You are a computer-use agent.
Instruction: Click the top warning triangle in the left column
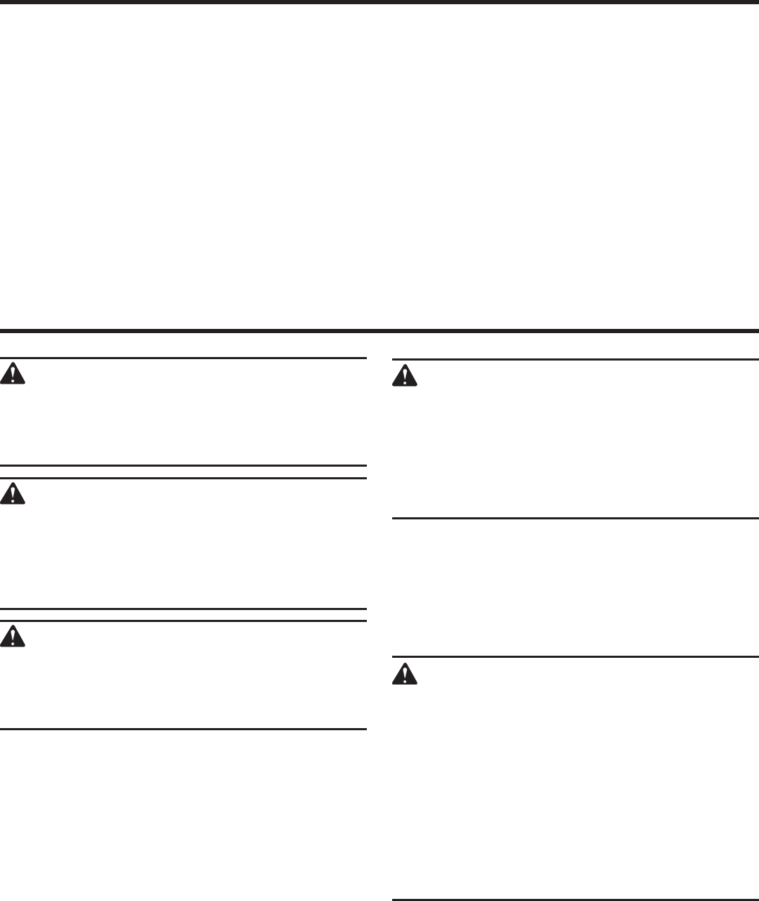(x=13, y=373)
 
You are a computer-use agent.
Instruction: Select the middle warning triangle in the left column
(x=13, y=493)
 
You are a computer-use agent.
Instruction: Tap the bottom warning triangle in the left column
(x=13, y=636)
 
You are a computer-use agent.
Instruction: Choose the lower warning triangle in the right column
(x=404, y=675)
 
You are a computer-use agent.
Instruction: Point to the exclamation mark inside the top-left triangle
(x=13, y=375)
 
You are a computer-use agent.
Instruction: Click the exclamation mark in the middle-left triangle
(x=13, y=495)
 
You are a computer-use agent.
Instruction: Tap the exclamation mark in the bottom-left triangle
(x=13, y=637)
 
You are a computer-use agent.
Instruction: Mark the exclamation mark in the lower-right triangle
(x=404, y=676)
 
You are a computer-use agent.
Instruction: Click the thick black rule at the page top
(x=379, y=2)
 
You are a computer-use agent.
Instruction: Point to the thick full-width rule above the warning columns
(x=379, y=330)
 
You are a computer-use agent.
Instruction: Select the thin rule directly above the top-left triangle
(x=183, y=358)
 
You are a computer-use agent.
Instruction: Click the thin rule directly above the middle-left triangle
(x=183, y=479)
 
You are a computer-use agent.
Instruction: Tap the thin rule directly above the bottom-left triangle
(x=183, y=621)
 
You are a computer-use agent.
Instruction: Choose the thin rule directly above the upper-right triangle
(x=575, y=360)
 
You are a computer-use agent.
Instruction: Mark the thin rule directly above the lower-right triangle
(x=575, y=658)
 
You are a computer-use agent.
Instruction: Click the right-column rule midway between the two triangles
(x=575, y=519)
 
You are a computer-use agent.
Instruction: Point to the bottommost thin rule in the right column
(x=575, y=899)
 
